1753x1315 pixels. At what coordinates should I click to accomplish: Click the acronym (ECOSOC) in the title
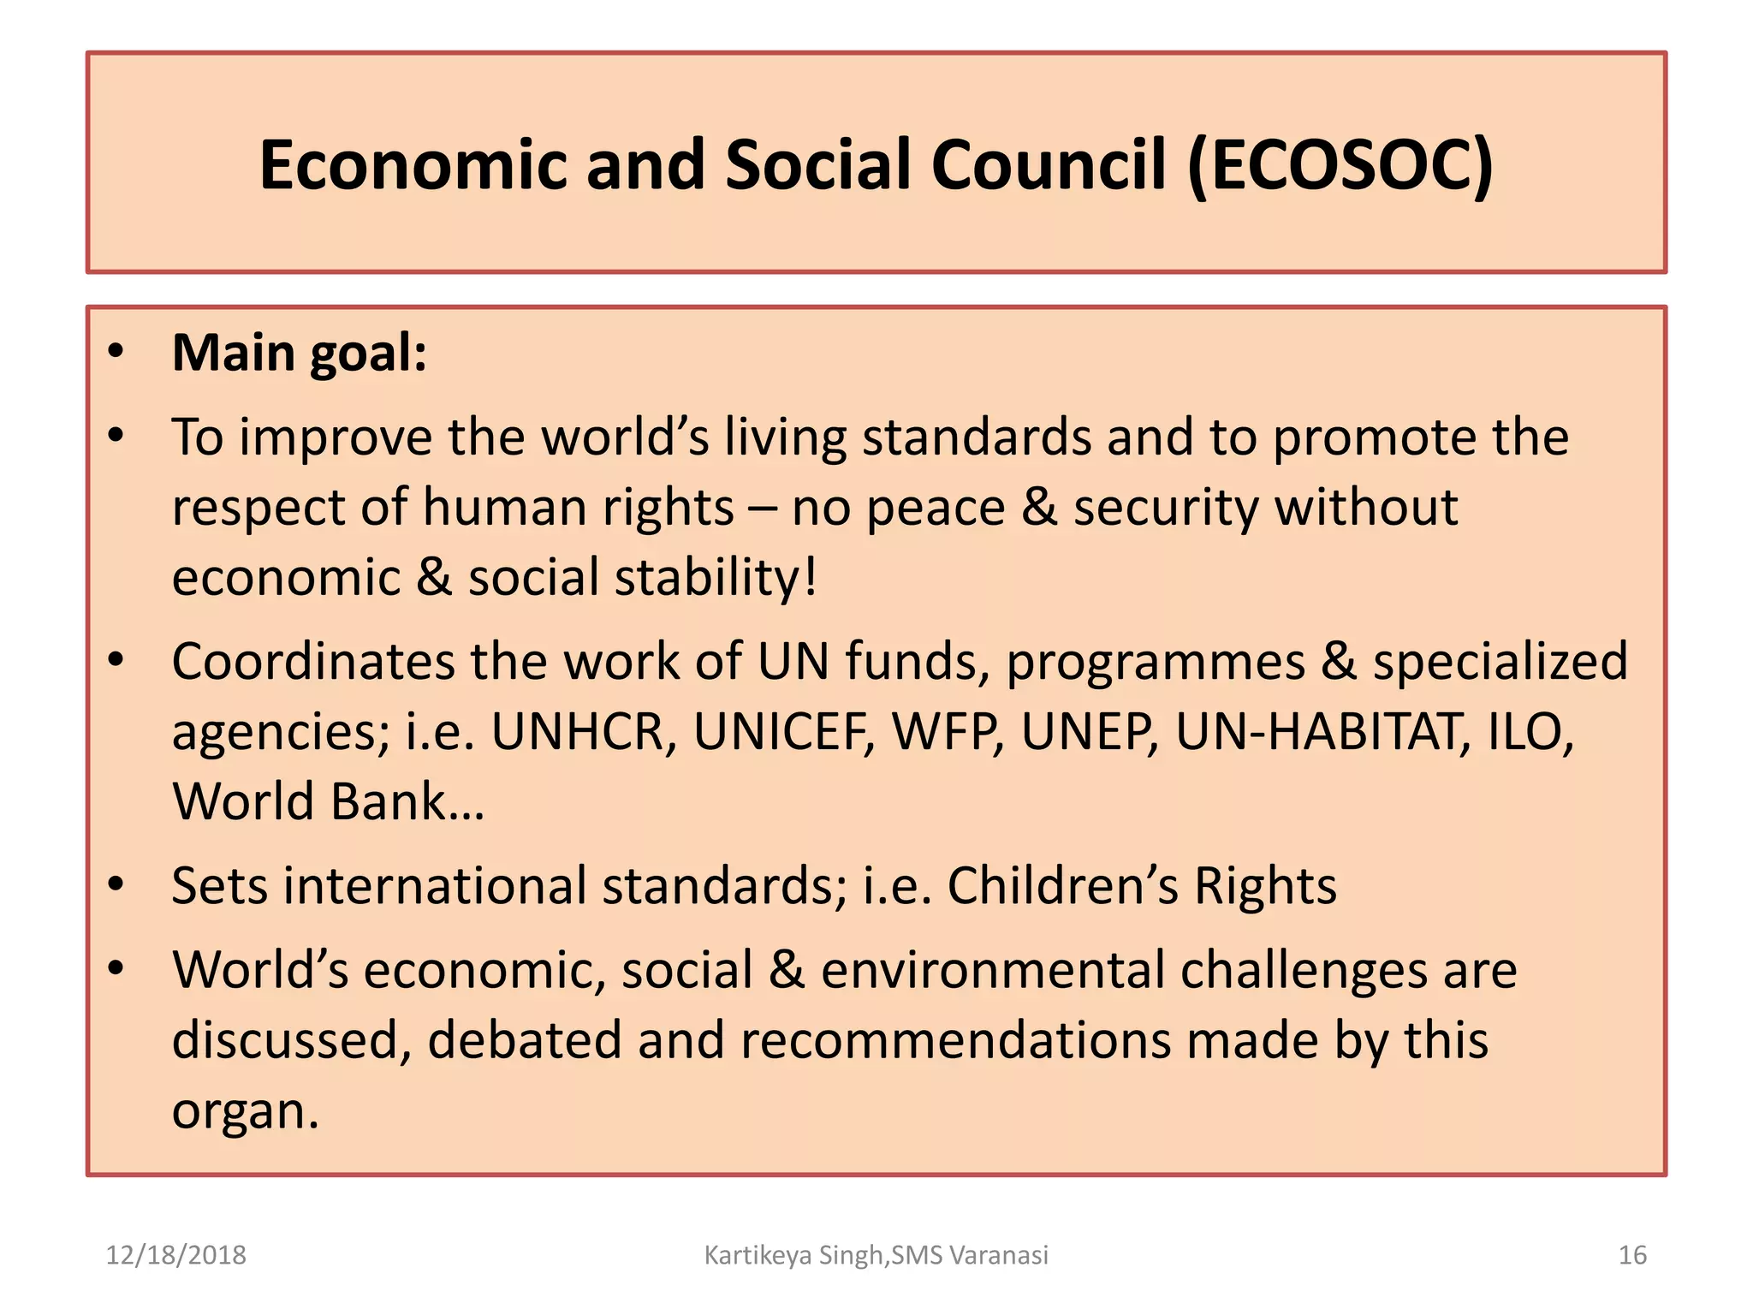coord(1340,165)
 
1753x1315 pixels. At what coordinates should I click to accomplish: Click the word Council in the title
coord(1049,165)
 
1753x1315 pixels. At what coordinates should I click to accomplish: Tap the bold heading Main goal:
coord(300,353)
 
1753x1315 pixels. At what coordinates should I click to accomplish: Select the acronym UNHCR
coord(578,733)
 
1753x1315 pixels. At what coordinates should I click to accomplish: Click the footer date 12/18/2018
coord(175,1255)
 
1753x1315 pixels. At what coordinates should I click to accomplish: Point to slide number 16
coord(1632,1255)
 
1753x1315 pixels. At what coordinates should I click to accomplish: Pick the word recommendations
coord(956,1041)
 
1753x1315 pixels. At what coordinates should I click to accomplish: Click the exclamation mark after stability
coord(810,577)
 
